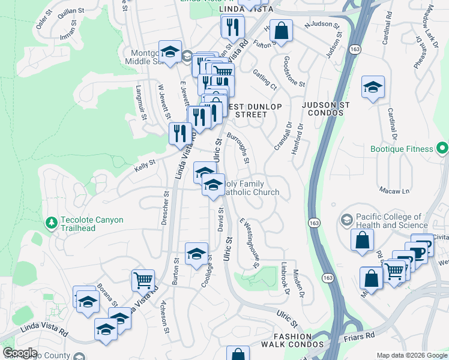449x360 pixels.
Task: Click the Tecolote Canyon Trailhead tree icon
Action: pyautogui.click(x=52, y=223)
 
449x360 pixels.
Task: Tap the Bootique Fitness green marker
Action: pyautogui.click(x=443, y=146)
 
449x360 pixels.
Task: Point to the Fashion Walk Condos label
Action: pyautogui.click(x=292, y=340)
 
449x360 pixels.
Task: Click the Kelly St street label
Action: pyautogui.click(x=145, y=163)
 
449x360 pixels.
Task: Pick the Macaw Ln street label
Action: pyautogui.click(x=394, y=191)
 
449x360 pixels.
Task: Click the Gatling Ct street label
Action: pyautogui.click(x=264, y=79)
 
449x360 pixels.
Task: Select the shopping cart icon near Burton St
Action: pyautogui.click(x=143, y=280)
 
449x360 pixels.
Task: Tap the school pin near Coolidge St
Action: pyautogui.click(x=196, y=254)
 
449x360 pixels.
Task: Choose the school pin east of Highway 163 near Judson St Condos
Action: pyautogui.click(x=373, y=87)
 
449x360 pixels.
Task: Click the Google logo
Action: pyautogui.click(x=19, y=353)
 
